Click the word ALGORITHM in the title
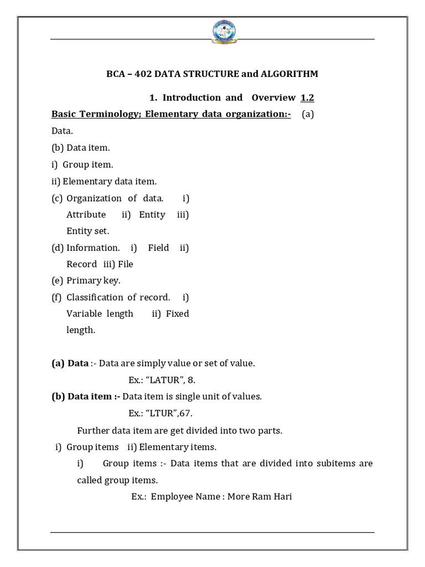click(x=287, y=74)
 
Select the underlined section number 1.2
click(x=308, y=97)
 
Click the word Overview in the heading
click(x=273, y=97)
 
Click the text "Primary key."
click(x=93, y=280)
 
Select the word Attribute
click(x=86, y=214)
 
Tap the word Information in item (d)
click(x=93, y=248)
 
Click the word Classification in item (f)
click(x=95, y=297)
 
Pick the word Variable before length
click(x=84, y=313)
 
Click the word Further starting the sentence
click(x=94, y=430)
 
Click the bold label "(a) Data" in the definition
click(x=70, y=363)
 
